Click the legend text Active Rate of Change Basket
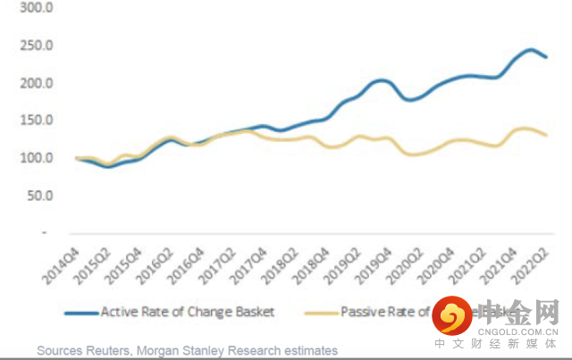188,312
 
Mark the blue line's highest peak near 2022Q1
530,50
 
